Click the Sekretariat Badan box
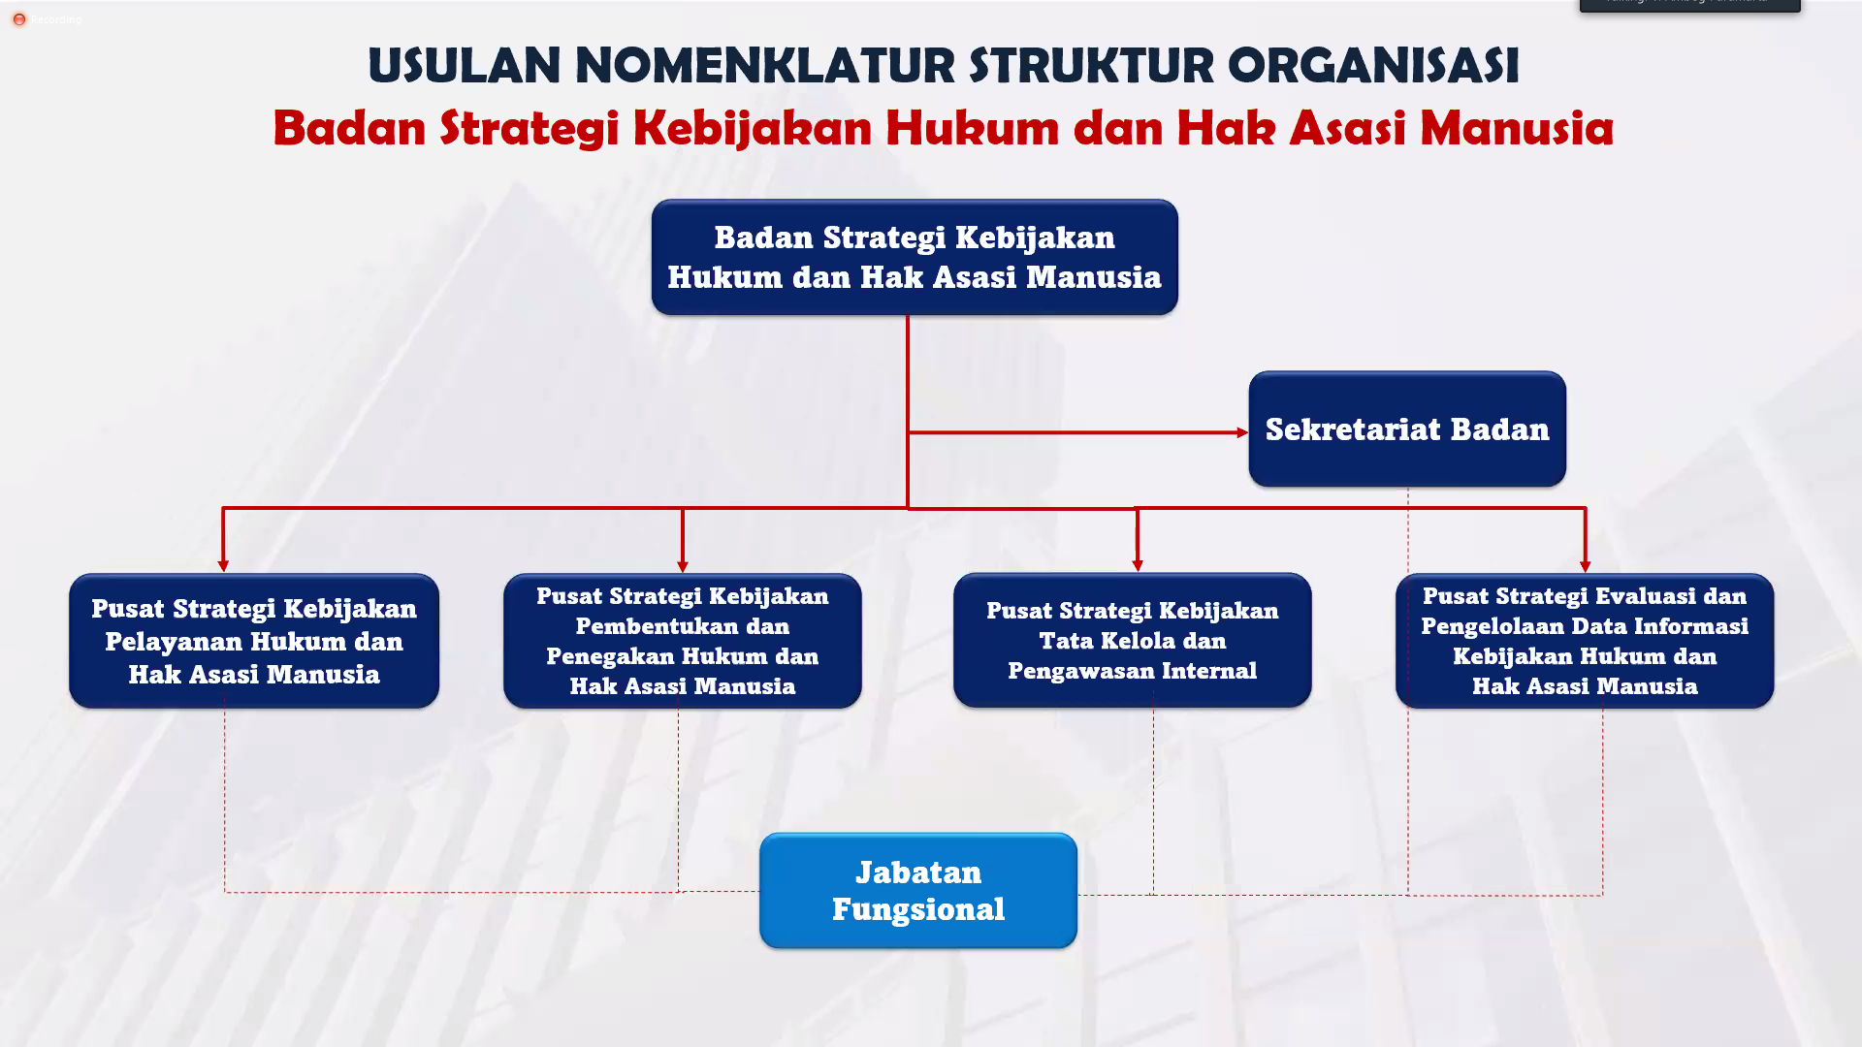[x=1406, y=428]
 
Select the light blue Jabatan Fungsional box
[x=917, y=890]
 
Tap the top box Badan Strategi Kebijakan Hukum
[x=914, y=257]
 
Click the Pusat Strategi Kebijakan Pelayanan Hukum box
[x=253, y=641]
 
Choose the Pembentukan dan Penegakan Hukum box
[x=682, y=641]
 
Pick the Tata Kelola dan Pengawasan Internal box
[x=1132, y=641]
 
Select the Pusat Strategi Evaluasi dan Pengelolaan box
[x=1584, y=641]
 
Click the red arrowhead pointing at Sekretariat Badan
[x=1242, y=432]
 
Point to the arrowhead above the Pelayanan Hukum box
[x=223, y=565]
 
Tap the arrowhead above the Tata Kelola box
[x=1138, y=565]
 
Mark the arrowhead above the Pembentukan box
[x=683, y=566]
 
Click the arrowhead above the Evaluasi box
[x=1585, y=566]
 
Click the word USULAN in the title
[x=464, y=66]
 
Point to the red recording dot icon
[x=18, y=19]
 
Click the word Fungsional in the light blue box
[x=917, y=909]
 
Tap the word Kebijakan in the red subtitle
[x=752, y=128]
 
